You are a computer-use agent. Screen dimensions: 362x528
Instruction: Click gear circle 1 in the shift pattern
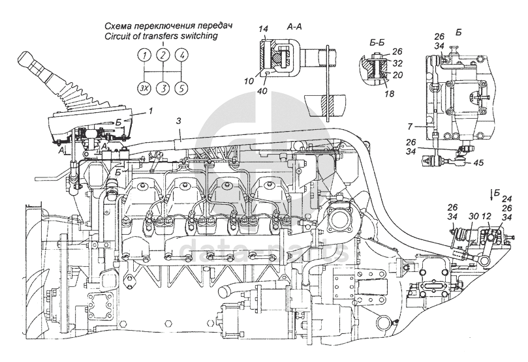tap(144, 55)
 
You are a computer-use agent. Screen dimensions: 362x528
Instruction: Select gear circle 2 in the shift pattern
tap(163, 55)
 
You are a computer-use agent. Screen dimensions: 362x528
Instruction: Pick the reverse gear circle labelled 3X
tap(144, 87)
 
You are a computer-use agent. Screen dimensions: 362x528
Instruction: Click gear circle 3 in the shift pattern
tap(163, 87)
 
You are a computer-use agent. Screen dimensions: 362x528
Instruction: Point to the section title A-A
tap(293, 27)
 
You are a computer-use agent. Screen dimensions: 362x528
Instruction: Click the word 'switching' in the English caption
tap(194, 37)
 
